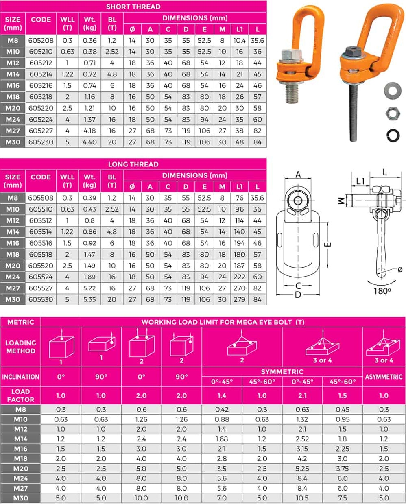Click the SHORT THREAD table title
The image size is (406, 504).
click(x=133, y=7)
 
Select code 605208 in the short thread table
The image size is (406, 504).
click(x=41, y=40)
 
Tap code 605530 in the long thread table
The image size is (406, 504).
click(x=41, y=299)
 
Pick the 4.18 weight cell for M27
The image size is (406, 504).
click(x=89, y=131)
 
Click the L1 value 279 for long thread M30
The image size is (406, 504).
click(x=239, y=299)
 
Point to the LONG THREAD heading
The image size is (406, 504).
click(x=133, y=164)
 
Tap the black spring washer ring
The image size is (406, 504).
click(x=393, y=135)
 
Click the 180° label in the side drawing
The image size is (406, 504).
click(x=382, y=291)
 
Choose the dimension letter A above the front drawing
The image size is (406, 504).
click(x=298, y=175)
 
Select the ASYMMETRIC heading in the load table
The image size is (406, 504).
click(x=384, y=377)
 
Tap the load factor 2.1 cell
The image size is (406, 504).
click(x=302, y=395)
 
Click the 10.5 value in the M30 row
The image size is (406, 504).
click(x=302, y=498)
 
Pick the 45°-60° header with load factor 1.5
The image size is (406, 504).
click(x=343, y=382)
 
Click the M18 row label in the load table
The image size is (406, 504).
click(x=21, y=458)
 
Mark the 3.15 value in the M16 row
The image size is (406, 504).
click(x=302, y=449)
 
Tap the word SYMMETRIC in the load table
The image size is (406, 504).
click(x=282, y=372)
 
